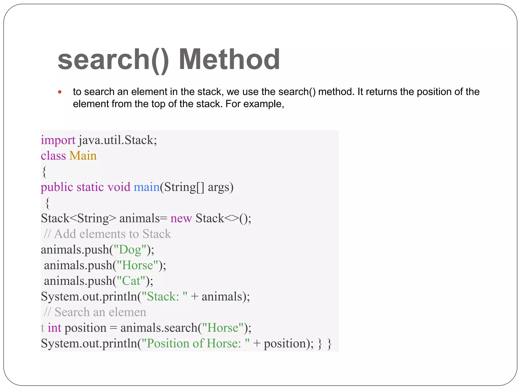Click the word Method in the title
(229, 60)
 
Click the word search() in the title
(113, 60)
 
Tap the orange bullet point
(60, 92)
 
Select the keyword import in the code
(58, 140)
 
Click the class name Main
(83, 156)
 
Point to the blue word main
(147, 187)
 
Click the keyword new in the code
(181, 218)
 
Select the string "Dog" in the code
(130, 250)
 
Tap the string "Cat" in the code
(131, 281)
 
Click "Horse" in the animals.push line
(138, 265)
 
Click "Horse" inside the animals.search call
(223, 328)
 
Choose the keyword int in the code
(54, 328)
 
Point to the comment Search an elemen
(95, 312)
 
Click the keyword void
(119, 187)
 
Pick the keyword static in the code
(90, 187)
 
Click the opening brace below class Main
(44, 172)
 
